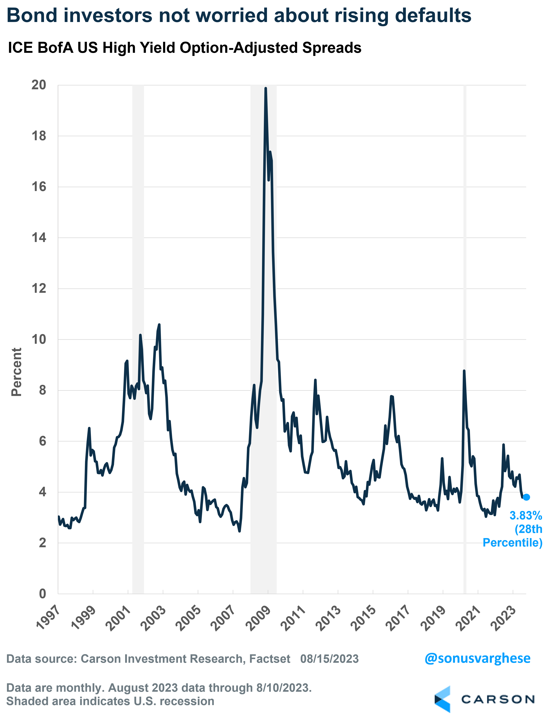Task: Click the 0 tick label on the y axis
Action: click(x=43, y=594)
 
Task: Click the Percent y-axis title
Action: click(x=16, y=372)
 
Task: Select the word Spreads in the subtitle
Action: click(x=332, y=48)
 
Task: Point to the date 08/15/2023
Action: click(x=329, y=659)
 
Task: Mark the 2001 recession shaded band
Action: click(x=138, y=329)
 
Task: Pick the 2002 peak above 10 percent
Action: click(x=159, y=325)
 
